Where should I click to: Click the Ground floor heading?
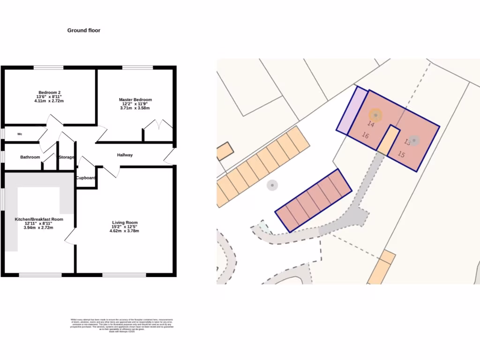(83, 30)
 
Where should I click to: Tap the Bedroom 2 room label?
(49, 92)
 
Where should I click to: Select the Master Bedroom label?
(135, 100)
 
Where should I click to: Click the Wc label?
(20, 134)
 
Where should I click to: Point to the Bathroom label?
(30, 157)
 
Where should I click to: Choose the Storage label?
(66, 157)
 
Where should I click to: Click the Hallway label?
(125, 155)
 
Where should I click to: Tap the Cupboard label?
(86, 178)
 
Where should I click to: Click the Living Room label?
(125, 223)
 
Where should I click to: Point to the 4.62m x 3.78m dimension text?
(124, 231)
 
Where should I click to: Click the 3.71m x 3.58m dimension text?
(135, 108)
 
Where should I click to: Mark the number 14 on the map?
(371, 124)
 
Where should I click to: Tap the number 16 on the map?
(365, 135)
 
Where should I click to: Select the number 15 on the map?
(401, 154)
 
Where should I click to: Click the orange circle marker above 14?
(375, 114)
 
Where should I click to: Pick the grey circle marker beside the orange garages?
(272, 185)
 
